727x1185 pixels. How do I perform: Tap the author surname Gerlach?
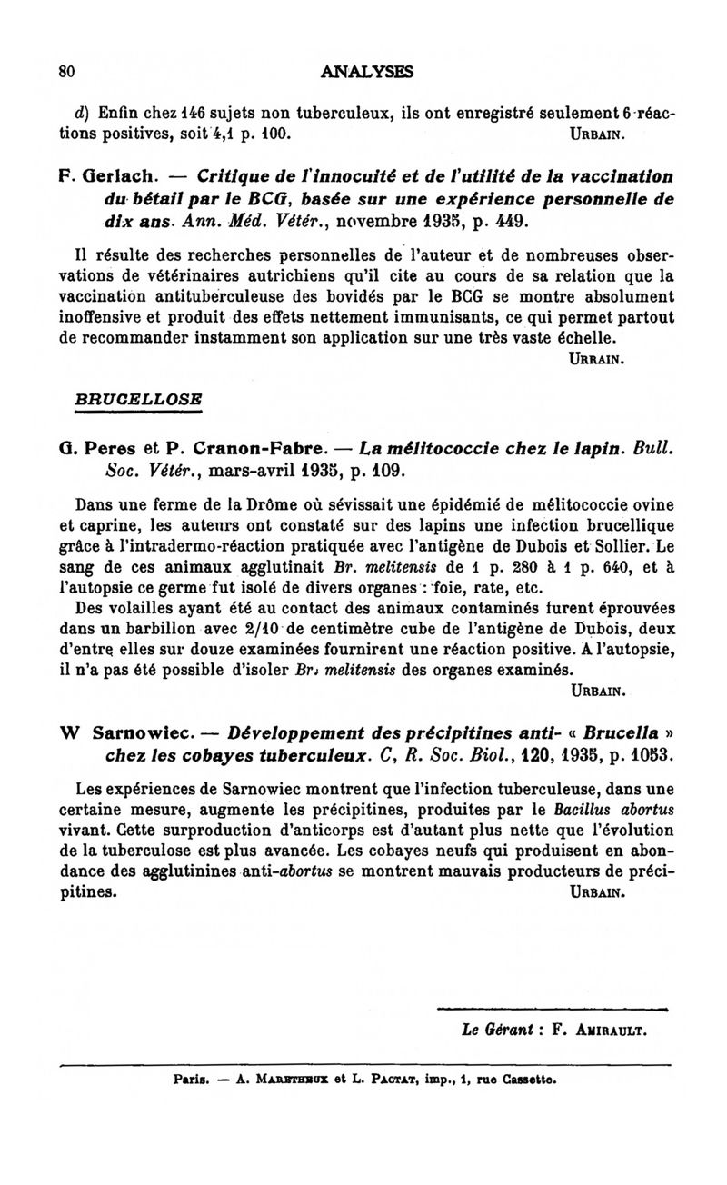(105, 175)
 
